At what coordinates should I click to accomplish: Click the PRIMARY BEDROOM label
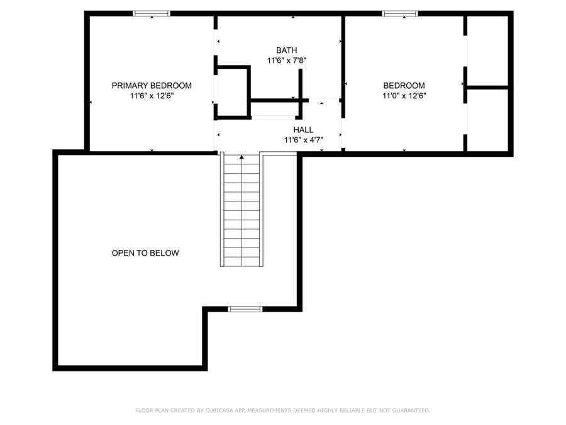(152, 86)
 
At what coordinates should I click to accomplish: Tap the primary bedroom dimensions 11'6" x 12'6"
(152, 96)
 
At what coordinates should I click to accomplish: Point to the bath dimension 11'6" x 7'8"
(286, 61)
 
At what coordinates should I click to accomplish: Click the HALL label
(303, 130)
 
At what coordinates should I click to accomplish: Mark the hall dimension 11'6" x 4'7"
(303, 140)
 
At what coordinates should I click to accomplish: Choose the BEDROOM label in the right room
(404, 86)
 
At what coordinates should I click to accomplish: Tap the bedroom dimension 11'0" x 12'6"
(404, 96)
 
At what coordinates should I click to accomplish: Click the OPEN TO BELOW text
(145, 253)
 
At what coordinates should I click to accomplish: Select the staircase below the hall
(241, 211)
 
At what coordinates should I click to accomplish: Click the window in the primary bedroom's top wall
(152, 13)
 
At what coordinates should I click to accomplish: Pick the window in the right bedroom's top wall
(401, 13)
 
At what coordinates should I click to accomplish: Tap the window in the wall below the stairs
(245, 309)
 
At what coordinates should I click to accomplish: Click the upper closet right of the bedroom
(488, 50)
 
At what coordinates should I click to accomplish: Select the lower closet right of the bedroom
(488, 120)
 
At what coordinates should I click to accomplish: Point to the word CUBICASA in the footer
(217, 411)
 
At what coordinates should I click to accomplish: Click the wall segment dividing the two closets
(487, 88)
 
